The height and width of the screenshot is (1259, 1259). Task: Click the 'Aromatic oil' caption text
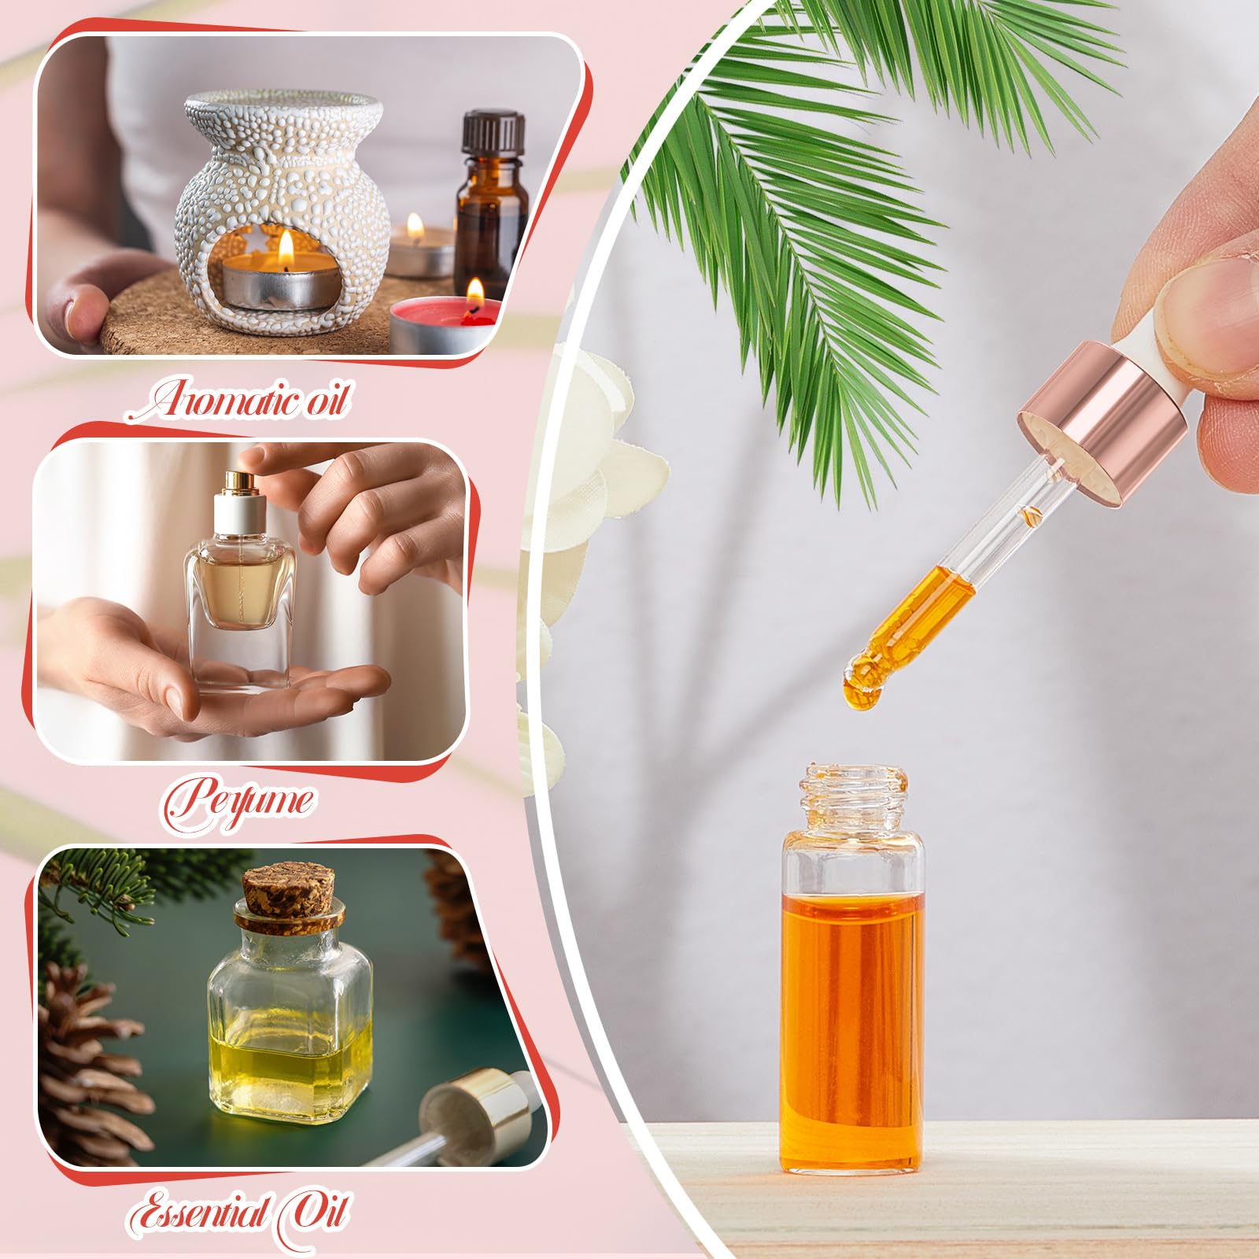[238, 401]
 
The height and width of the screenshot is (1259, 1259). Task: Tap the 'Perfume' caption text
[238, 800]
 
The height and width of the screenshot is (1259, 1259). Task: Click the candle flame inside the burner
[286, 249]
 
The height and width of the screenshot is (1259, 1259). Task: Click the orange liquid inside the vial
[852, 1023]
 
